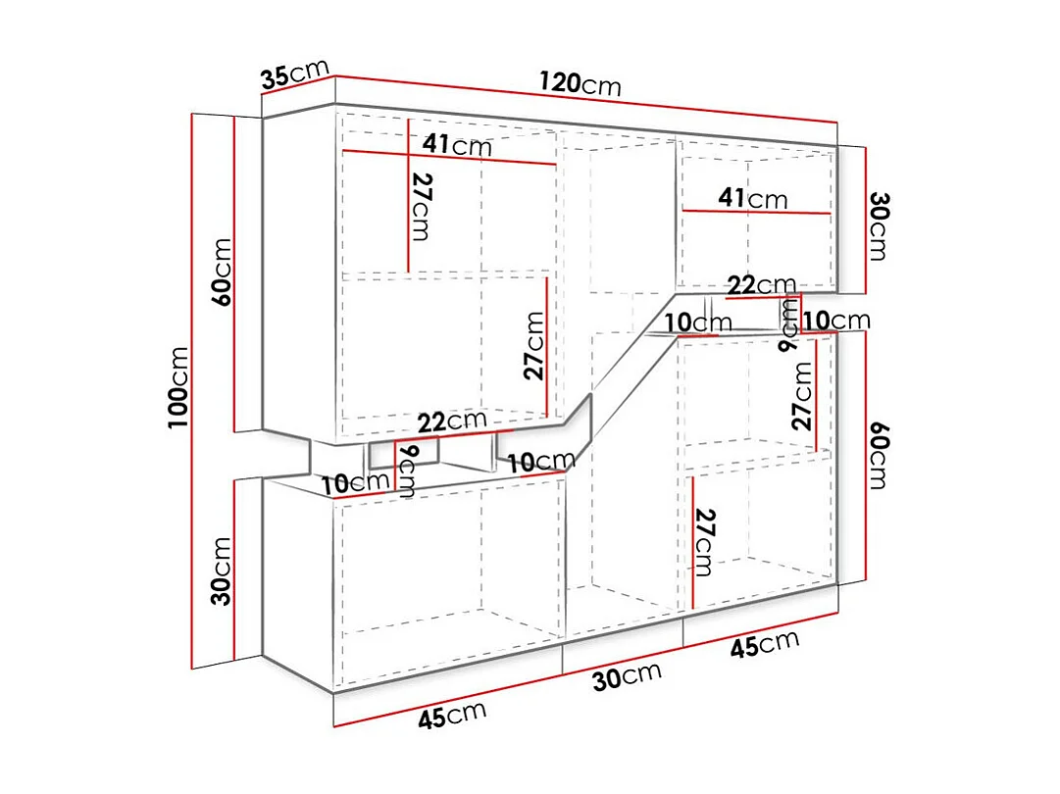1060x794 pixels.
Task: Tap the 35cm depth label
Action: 295,74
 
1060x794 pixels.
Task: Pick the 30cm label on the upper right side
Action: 878,225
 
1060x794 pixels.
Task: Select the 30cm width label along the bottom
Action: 628,675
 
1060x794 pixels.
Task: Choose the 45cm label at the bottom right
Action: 764,644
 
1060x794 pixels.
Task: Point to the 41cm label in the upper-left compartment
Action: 457,145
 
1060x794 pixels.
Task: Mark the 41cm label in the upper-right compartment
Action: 752,198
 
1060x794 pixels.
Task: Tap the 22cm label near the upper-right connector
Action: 761,285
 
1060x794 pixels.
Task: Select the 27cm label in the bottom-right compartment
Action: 703,542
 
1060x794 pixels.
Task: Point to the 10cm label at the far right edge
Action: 836,320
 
